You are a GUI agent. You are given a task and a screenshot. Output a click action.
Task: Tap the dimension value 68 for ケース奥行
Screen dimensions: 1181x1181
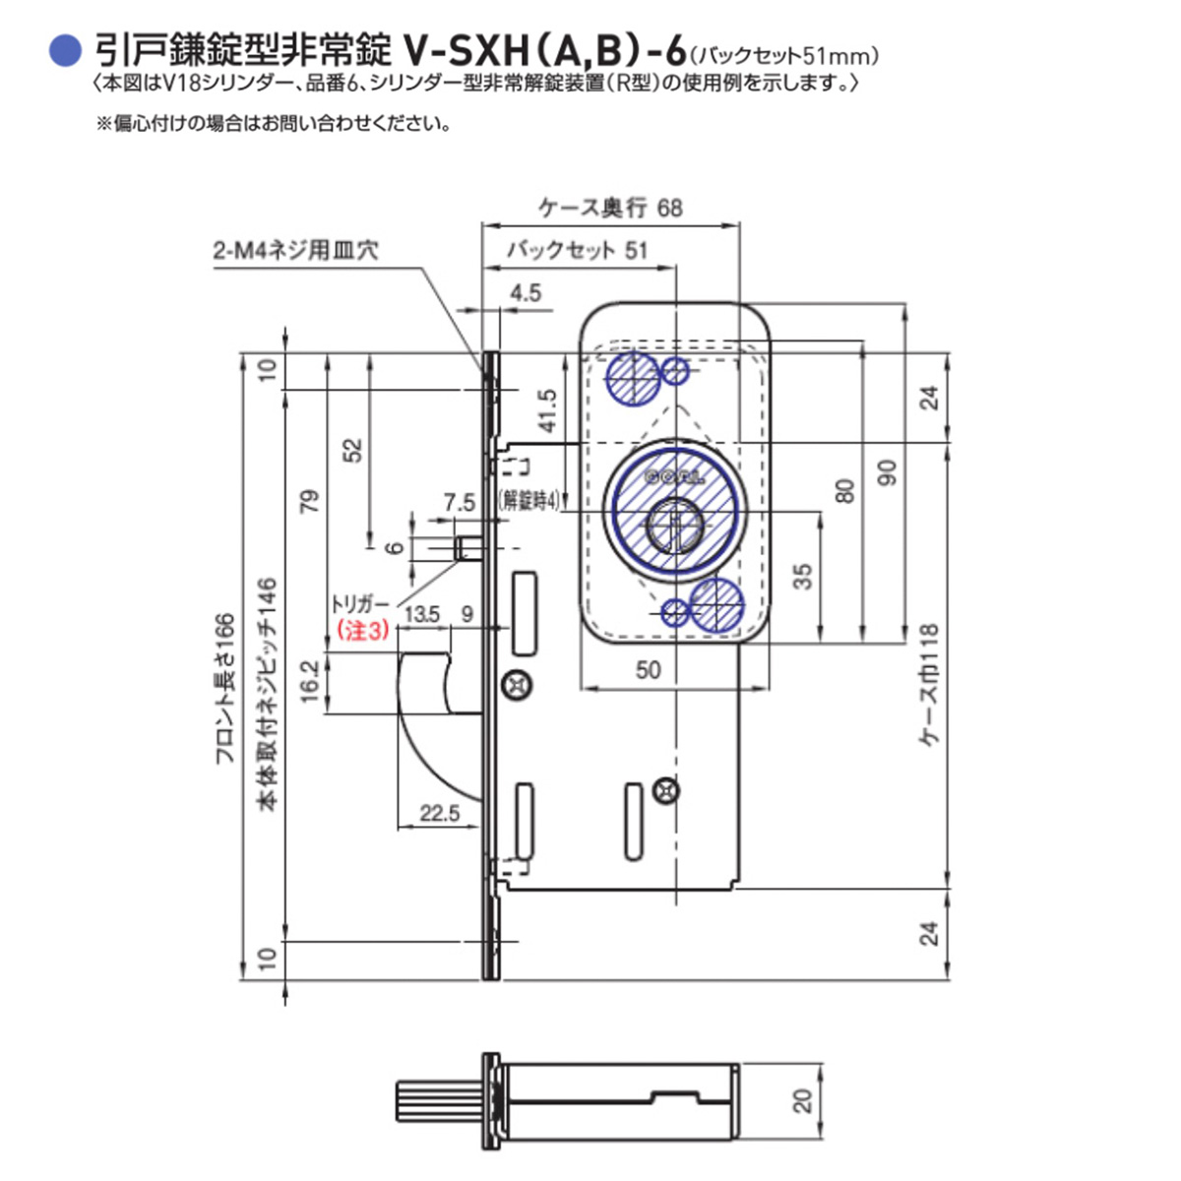coord(669,208)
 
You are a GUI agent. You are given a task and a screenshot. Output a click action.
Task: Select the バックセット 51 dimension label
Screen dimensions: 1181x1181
coord(578,250)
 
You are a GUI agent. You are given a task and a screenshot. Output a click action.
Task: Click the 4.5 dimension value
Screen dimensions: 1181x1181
coord(526,292)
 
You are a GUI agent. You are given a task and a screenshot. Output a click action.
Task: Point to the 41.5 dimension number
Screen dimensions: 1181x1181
coord(547,410)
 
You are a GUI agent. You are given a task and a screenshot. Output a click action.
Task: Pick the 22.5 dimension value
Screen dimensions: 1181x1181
coord(440,813)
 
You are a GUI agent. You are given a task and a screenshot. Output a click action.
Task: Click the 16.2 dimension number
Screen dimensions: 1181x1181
coord(309,681)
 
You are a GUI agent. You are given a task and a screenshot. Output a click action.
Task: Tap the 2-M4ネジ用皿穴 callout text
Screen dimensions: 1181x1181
coord(296,250)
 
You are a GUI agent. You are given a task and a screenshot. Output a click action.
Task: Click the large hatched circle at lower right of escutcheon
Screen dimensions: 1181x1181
coord(716,603)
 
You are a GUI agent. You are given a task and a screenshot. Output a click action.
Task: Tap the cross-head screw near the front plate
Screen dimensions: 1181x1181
coord(515,683)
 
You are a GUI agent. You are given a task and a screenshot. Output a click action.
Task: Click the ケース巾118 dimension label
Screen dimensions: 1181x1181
coord(930,685)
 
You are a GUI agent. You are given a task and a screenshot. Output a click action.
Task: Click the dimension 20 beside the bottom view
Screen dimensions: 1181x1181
coord(804,1100)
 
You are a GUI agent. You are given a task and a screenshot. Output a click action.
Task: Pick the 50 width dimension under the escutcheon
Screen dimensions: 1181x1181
coord(648,670)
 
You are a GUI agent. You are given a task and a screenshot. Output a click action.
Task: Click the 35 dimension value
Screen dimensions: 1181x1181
coord(802,576)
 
